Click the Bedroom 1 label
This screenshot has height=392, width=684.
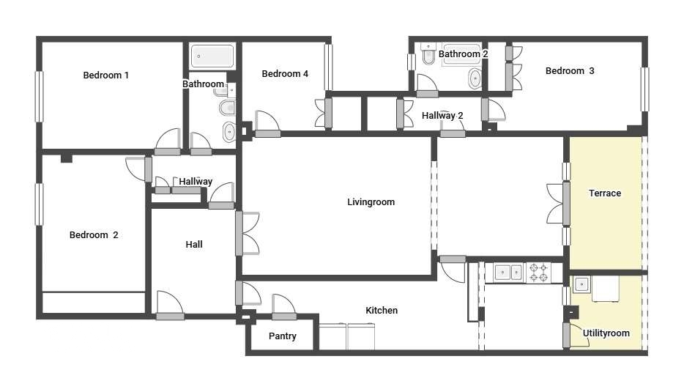(105, 75)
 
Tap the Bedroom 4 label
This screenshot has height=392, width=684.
(285, 74)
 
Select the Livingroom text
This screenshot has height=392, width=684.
(371, 202)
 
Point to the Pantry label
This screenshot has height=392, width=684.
(282, 336)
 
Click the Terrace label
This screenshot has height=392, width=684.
(605, 193)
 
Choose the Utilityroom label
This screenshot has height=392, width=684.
(606, 333)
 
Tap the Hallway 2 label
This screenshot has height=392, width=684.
(442, 116)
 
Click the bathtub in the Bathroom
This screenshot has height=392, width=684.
(212, 56)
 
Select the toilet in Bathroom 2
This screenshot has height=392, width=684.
(429, 53)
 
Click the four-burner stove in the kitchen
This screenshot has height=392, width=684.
(539, 273)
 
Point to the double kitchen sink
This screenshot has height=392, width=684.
(510, 273)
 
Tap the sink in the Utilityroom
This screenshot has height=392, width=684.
(581, 284)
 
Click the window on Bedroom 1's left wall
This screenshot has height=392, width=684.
(40, 97)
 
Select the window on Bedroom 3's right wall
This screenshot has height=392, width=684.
(644, 89)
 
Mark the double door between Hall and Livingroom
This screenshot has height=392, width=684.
(248, 233)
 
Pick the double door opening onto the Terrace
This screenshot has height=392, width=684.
(558, 204)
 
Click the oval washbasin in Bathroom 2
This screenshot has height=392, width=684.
(475, 78)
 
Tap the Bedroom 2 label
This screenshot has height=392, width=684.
(94, 235)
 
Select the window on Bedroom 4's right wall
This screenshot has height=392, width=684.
(329, 67)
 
